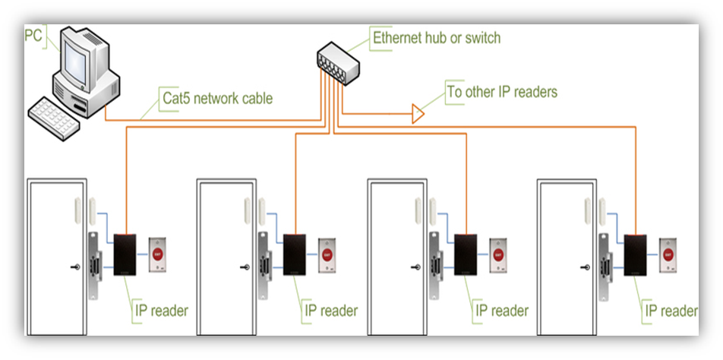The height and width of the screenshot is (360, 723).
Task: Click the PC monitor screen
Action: (77, 59)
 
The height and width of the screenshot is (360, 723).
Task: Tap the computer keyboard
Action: (55, 117)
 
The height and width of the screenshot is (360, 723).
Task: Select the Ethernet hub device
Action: (337, 60)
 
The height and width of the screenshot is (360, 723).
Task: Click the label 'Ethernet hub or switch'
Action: (436, 37)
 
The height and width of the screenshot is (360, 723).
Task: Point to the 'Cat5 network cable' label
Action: (218, 98)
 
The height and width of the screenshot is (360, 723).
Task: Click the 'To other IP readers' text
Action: (502, 92)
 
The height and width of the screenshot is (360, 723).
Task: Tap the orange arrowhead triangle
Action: (418, 114)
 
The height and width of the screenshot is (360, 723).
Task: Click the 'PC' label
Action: (33, 35)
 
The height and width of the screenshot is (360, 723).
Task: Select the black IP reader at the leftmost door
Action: (125, 254)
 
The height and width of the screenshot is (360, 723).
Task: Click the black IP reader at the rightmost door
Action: (636, 254)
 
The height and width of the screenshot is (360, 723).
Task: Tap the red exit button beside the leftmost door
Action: (158, 254)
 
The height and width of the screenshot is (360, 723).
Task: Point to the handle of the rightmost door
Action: (586, 267)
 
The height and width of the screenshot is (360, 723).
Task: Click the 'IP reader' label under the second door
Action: (330, 310)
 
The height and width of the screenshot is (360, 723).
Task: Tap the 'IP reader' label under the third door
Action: (501, 310)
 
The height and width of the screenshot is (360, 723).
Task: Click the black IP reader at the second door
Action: (295, 254)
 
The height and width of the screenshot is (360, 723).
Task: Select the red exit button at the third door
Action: (498, 254)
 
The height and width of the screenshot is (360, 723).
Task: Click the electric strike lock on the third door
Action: (434, 266)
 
